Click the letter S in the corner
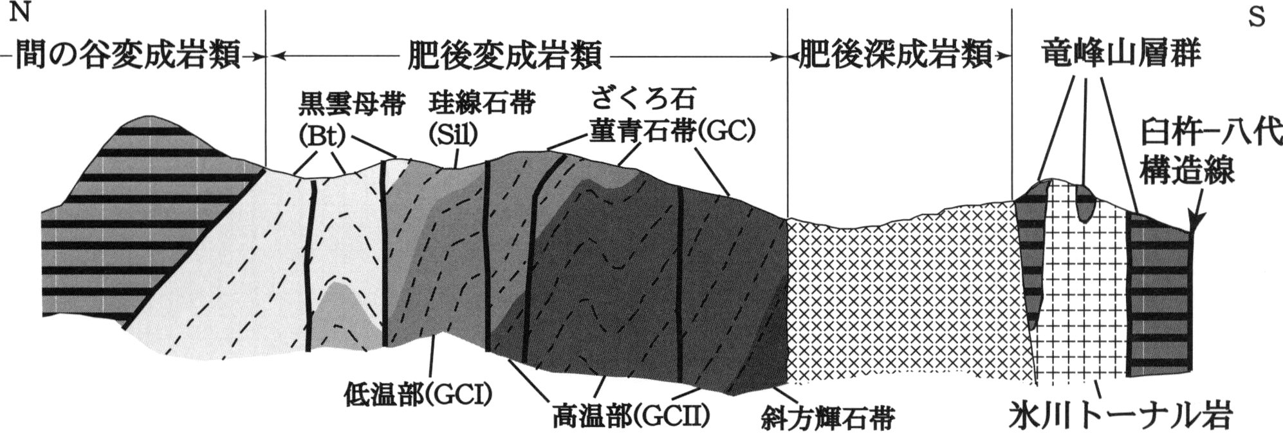pyautogui.click(x=1257, y=17)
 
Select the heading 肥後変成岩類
pyautogui.click(x=505, y=55)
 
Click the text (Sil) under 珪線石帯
pyautogui.click(x=454, y=134)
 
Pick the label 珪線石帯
pyautogui.click(x=482, y=103)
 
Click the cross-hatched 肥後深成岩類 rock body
pyautogui.click(x=901, y=296)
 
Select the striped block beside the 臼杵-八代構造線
pyautogui.click(x=1158, y=296)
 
